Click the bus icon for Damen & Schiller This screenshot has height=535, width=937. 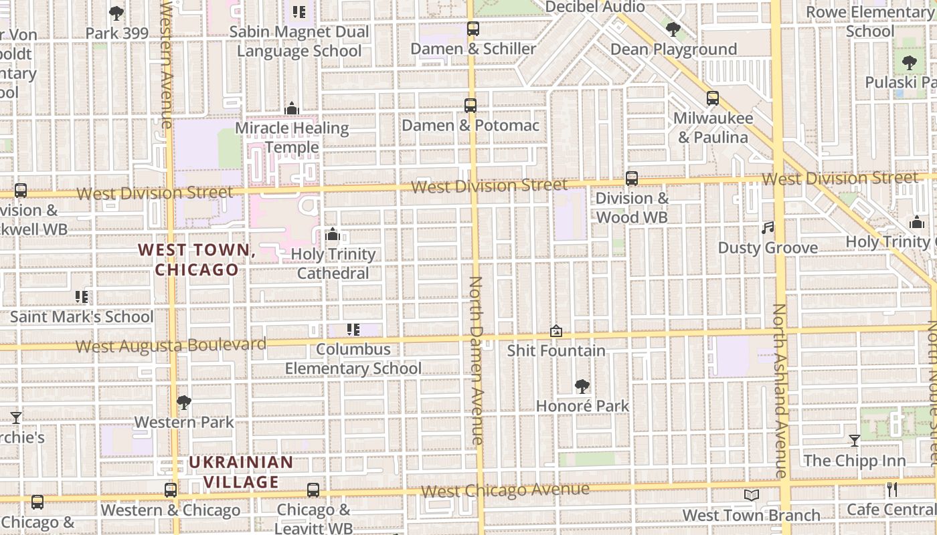click(x=473, y=29)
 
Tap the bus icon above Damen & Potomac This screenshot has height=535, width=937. click(x=471, y=106)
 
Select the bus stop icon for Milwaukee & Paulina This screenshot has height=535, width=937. click(x=713, y=98)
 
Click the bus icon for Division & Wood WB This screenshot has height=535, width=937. click(x=631, y=179)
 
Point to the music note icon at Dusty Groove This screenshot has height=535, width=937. click(x=768, y=228)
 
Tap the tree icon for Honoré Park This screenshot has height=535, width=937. click(x=582, y=386)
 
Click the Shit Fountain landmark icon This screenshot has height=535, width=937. click(x=556, y=330)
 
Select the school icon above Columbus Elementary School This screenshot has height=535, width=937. click(x=353, y=329)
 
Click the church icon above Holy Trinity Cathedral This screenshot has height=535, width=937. click(x=332, y=234)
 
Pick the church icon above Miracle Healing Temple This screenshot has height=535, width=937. click(x=292, y=108)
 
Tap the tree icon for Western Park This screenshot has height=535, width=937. click(x=184, y=403)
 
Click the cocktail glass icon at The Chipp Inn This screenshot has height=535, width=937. click(x=855, y=441)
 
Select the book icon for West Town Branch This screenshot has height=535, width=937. click(x=751, y=495)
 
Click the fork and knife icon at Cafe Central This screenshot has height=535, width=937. click(x=891, y=490)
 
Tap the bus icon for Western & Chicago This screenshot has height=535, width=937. click(x=171, y=490)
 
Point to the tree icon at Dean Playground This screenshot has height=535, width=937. click(x=673, y=29)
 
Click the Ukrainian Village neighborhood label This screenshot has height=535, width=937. click(x=241, y=472)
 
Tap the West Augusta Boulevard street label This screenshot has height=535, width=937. click(x=171, y=345)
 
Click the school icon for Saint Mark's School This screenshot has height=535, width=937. click(x=82, y=297)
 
